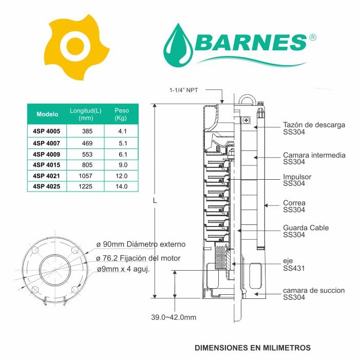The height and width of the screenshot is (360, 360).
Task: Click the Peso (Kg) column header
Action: pos(122,114)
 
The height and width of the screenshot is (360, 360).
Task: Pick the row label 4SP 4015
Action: pos(46,165)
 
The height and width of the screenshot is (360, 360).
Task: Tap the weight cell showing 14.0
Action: pos(122,186)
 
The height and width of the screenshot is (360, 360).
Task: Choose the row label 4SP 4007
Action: pos(46,143)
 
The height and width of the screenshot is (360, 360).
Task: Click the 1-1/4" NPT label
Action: pos(183,90)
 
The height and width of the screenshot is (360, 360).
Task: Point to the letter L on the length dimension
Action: pos(155,201)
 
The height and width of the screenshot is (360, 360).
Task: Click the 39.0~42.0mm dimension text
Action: pos(174,317)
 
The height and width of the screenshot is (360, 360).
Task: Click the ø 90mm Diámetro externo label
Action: pos(141,244)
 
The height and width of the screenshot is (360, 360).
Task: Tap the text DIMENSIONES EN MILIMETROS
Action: pos(253,348)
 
